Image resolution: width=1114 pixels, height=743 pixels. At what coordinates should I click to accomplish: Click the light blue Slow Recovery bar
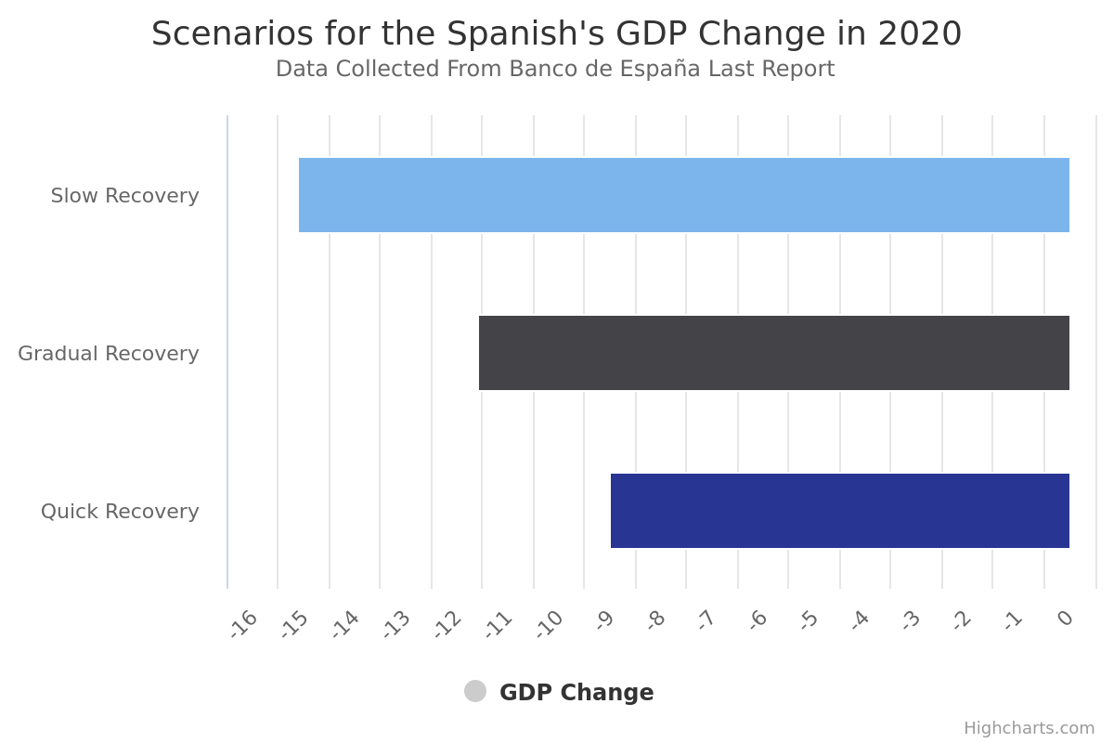pyautogui.click(x=684, y=195)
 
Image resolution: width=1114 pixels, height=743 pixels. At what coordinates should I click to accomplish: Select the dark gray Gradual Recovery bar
pyautogui.click(x=774, y=353)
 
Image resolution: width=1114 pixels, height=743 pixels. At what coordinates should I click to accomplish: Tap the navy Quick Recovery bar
pyautogui.click(x=840, y=511)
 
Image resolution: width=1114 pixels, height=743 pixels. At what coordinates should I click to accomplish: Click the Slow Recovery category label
pyautogui.click(x=124, y=196)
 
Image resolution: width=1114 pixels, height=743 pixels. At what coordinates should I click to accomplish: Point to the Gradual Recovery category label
pyautogui.click(x=109, y=354)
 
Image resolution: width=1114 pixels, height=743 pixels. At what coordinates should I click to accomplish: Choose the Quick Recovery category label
pyautogui.click(x=120, y=512)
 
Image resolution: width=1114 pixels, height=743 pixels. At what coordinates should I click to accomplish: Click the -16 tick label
pyautogui.click(x=243, y=624)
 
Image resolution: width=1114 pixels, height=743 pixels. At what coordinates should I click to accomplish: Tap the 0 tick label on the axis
pyautogui.click(x=1066, y=619)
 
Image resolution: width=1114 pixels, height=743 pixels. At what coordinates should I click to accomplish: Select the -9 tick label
pyautogui.click(x=604, y=620)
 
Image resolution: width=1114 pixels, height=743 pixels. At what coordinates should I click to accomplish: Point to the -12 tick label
pyautogui.click(x=447, y=624)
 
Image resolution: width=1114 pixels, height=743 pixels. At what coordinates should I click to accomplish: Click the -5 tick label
pyautogui.click(x=809, y=620)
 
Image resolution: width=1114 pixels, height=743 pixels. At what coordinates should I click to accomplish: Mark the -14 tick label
pyautogui.click(x=345, y=624)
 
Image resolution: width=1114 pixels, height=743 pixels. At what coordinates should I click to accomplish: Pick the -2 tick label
pyautogui.click(x=962, y=620)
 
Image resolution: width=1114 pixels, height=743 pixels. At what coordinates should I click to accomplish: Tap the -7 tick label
pyautogui.click(x=706, y=620)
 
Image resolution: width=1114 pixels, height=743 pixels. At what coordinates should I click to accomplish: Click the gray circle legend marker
pyautogui.click(x=475, y=691)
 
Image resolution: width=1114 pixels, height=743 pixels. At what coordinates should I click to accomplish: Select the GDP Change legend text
pyautogui.click(x=576, y=693)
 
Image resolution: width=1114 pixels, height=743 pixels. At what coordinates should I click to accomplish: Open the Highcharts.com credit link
pyautogui.click(x=1029, y=728)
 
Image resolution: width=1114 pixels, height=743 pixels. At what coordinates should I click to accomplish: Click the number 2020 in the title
pyautogui.click(x=919, y=33)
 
